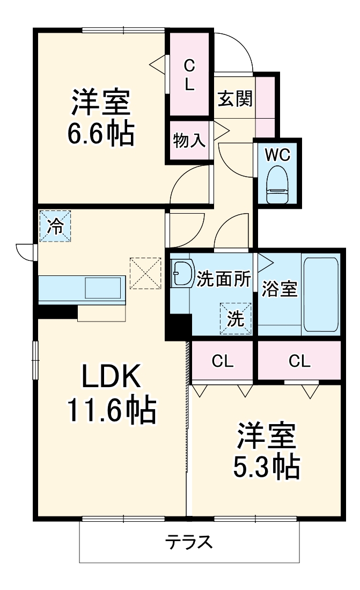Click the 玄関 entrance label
click(234, 99)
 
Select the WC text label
click(277, 155)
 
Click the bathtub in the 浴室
click(320, 294)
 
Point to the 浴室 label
click(279, 289)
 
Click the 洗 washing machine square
click(235, 318)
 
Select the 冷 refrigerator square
click(55, 226)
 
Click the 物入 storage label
click(189, 141)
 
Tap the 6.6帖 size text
click(100, 135)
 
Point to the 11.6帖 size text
click(111, 411)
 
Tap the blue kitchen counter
click(82, 289)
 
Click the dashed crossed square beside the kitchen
click(145, 273)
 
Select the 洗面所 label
click(223, 279)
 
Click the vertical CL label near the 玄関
click(189, 75)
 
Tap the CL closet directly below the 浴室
click(299, 361)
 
